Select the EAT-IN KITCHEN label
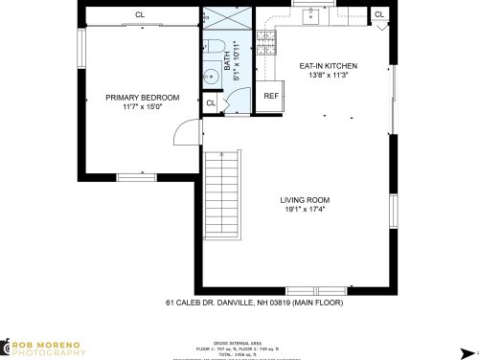click(x=328, y=66)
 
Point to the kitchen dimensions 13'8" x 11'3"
click(x=328, y=76)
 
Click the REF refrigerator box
click(x=271, y=96)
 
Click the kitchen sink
click(x=310, y=15)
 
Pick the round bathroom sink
click(x=212, y=79)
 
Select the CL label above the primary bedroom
click(x=139, y=14)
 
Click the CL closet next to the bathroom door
click(x=211, y=102)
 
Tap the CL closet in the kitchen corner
click(x=379, y=14)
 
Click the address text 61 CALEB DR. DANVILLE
click(x=253, y=303)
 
